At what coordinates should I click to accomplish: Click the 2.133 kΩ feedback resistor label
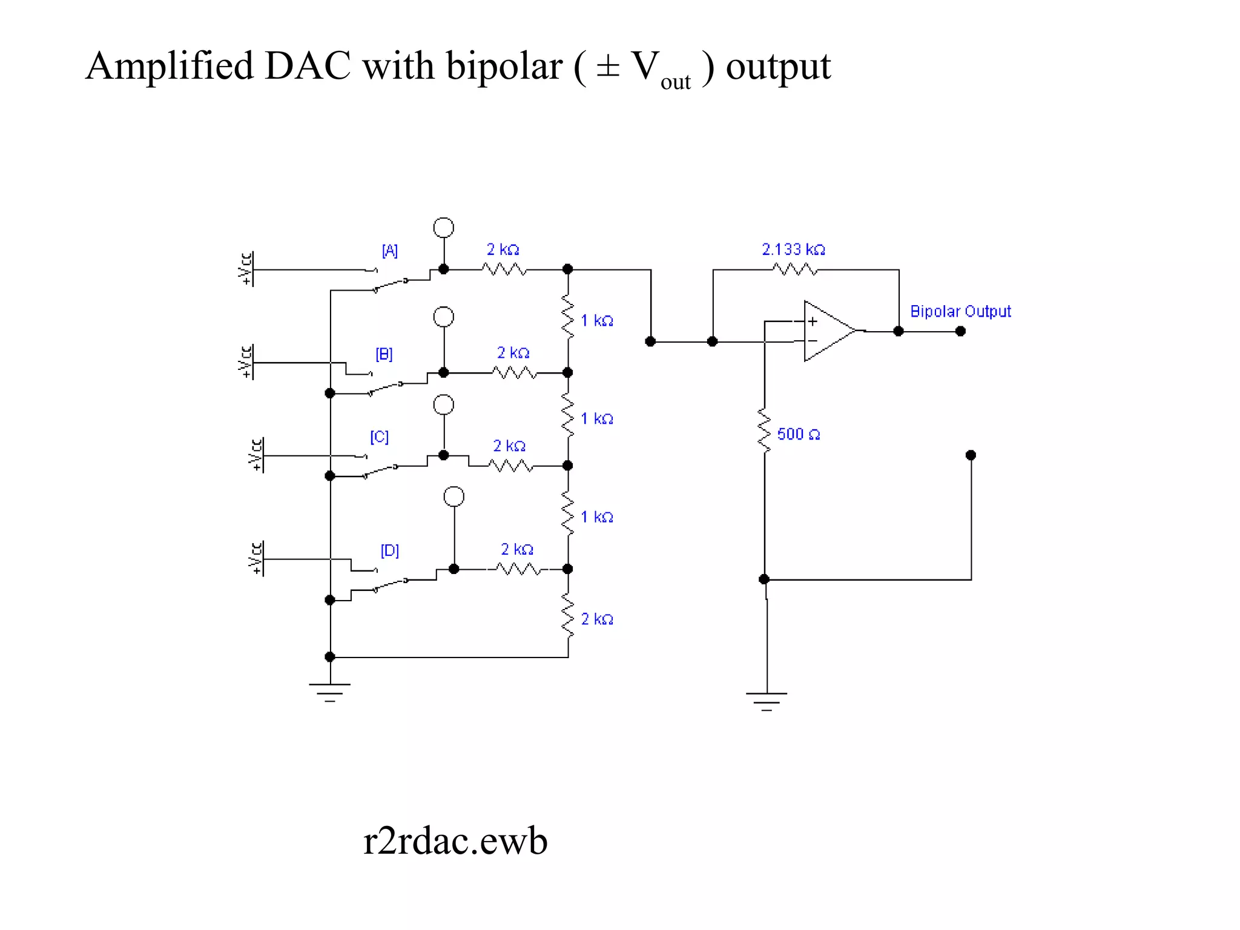[793, 249]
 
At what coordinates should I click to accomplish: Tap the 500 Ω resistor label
[798, 434]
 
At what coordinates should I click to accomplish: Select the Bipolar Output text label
[960, 311]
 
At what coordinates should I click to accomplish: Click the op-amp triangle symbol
[828, 331]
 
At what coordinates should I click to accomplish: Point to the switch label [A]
[389, 251]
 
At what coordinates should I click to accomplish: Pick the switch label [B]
[384, 354]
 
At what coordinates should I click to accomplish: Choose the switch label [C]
[379, 437]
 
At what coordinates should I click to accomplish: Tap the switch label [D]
[389, 550]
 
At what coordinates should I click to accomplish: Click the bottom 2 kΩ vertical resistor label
[597, 619]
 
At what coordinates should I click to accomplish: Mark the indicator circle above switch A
[444, 228]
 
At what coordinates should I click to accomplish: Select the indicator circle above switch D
[454, 496]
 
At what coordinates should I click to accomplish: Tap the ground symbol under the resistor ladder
[330, 692]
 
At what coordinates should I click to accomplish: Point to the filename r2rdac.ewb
[455, 841]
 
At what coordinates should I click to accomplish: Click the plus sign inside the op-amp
[813, 322]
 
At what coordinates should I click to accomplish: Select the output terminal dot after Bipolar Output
[960, 331]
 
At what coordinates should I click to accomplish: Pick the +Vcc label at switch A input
[245, 269]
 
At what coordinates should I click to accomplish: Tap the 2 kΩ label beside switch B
[513, 353]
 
